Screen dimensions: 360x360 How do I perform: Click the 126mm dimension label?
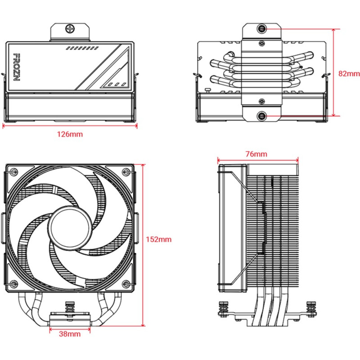pos(70,134)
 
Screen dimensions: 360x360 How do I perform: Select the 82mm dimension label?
pos(349,73)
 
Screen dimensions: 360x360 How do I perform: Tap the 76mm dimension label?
pos(256,154)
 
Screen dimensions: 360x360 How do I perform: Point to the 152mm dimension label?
pos(159,239)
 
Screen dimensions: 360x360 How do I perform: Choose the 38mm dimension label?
pos(70,334)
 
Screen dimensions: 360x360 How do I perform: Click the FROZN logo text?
pos(15,67)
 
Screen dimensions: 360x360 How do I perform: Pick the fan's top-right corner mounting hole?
pos(126,172)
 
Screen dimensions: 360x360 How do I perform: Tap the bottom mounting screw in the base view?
pos(262,116)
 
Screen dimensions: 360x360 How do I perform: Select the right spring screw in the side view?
pos(310,309)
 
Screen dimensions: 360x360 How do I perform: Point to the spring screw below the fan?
pos(69,310)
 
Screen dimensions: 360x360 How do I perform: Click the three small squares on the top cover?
pos(116,84)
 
